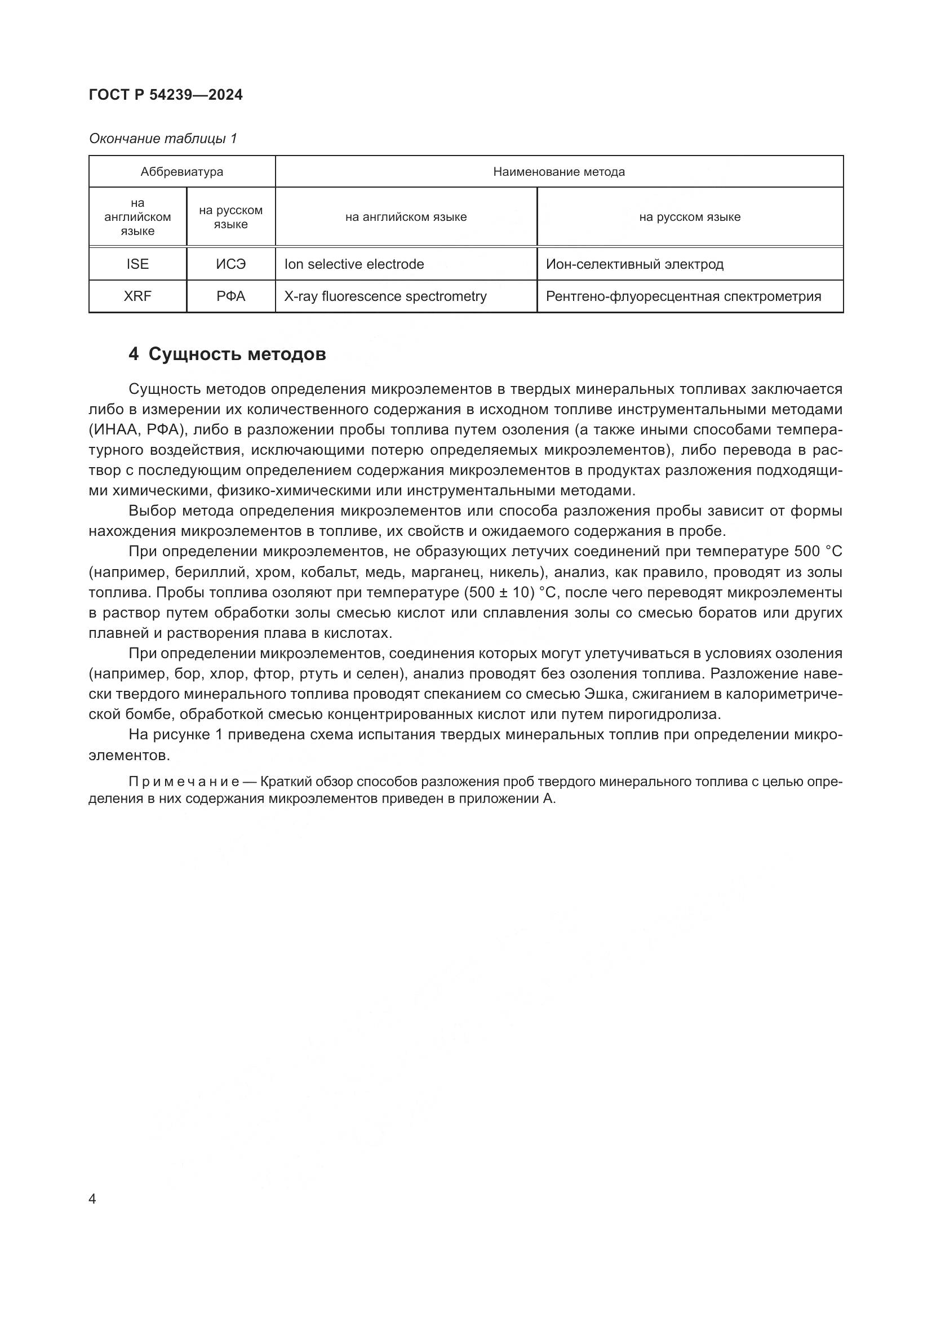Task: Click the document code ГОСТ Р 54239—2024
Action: tap(166, 95)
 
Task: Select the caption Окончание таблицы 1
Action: tap(163, 139)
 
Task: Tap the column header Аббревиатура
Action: tap(182, 172)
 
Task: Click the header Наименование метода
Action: tap(558, 172)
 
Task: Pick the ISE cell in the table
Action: tap(137, 264)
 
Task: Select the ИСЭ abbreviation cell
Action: tap(230, 264)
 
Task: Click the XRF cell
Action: tap(137, 296)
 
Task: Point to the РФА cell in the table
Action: tap(230, 296)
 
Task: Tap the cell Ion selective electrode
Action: tap(354, 264)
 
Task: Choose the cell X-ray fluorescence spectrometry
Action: tap(385, 296)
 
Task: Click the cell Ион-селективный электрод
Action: tap(634, 264)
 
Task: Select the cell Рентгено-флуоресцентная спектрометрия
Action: tap(683, 296)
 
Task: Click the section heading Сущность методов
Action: tap(237, 354)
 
